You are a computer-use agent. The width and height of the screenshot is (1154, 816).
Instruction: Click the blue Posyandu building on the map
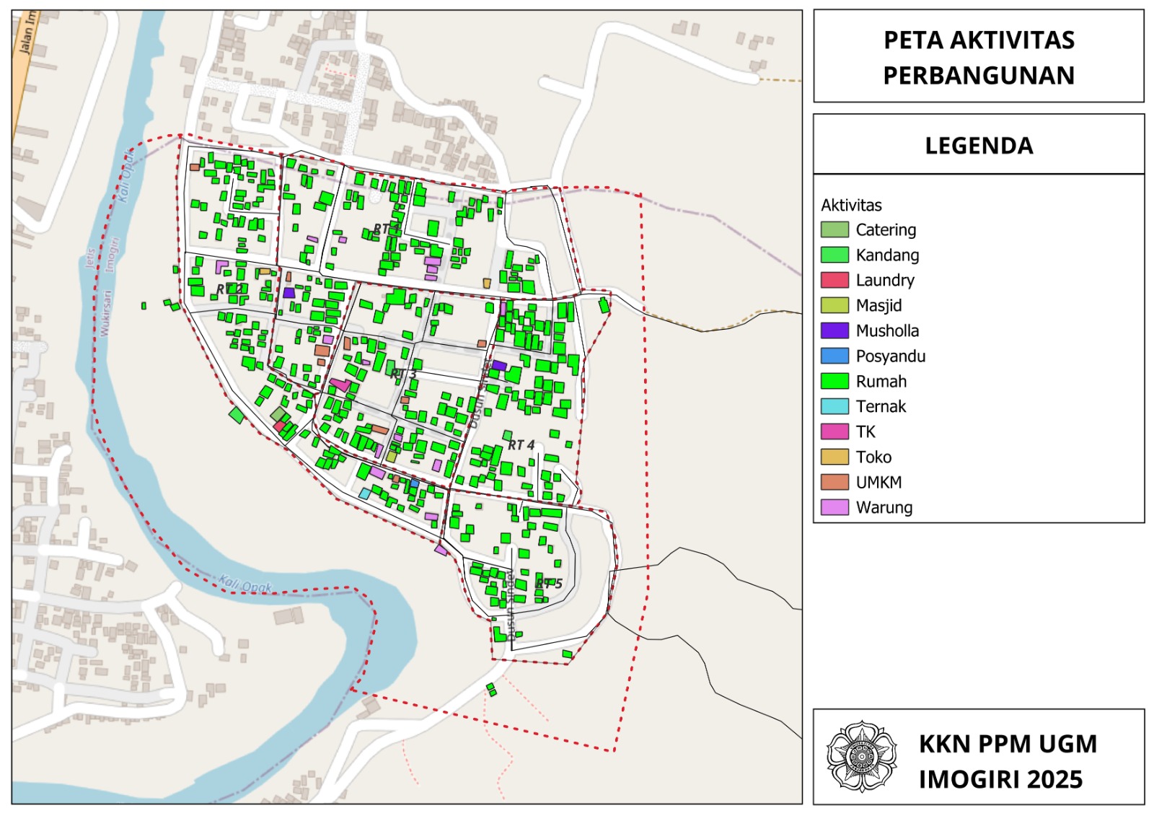click(415, 483)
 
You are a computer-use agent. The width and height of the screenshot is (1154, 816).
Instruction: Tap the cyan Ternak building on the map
click(365, 493)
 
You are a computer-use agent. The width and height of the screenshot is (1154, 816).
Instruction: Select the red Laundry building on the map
click(279, 426)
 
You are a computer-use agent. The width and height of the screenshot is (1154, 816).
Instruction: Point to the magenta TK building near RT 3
click(340, 385)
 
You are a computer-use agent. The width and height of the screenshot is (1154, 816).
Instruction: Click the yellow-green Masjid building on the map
click(392, 457)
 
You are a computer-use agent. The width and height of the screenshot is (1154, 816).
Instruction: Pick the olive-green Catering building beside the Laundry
click(278, 414)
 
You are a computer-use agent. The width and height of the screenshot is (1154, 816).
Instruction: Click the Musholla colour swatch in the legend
click(834, 330)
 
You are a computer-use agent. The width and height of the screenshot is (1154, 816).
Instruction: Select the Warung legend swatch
click(834, 507)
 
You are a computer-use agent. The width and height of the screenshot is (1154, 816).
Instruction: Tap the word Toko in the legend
click(873, 457)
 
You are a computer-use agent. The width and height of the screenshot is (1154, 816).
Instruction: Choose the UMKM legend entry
click(878, 482)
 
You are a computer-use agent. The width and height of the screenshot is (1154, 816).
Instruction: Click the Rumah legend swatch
click(834, 381)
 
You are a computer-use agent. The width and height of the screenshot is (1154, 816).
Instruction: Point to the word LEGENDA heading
click(979, 146)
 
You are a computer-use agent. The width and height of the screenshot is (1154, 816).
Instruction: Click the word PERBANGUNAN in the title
click(979, 75)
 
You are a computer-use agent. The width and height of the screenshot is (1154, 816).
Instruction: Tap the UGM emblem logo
click(861, 756)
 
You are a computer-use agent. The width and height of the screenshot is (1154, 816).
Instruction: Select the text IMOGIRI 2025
click(1000, 779)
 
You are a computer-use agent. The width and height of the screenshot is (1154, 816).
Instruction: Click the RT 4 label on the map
click(521, 445)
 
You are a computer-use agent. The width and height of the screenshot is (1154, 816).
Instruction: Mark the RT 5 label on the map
click(549, 583)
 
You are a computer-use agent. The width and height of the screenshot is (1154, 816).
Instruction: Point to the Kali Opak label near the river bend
click(245, 585)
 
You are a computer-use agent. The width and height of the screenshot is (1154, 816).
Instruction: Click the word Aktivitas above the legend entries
click(851, 205)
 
